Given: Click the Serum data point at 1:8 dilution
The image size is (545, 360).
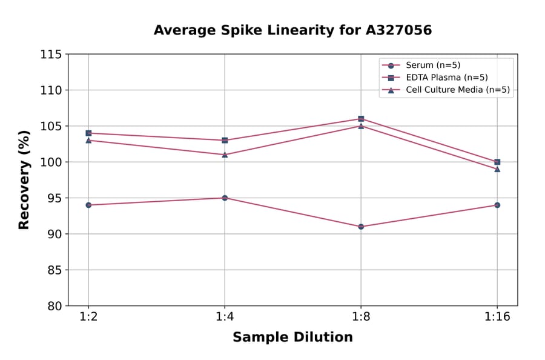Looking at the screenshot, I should [x=361, y=227].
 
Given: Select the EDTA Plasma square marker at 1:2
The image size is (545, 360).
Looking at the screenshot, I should [x=88, y=133].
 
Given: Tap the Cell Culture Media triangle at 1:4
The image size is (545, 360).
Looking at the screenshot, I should [x=225, y=155].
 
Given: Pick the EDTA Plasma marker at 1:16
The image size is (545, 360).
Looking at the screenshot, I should [x=497, y=162].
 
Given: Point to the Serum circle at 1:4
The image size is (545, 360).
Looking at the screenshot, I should [x=225, y=198].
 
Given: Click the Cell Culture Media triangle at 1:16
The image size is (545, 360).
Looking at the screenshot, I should [x=497, y=169].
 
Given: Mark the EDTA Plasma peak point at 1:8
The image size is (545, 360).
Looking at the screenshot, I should [x=361, y=119].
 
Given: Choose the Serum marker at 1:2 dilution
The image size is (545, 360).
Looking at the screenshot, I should [x=88, y=205].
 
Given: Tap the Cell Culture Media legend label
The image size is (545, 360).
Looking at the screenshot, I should [x=457, y=90].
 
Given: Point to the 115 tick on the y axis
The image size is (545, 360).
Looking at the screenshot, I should [x=51, y=55].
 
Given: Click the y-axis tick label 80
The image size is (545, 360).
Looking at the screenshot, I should [x=54, y=306].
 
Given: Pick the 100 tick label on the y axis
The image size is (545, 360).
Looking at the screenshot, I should [x=51, y=162].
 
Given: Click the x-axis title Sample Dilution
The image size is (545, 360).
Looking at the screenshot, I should [x=292, y=338].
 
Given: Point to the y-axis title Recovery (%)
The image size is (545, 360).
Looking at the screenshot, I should [x=24, y=180].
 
